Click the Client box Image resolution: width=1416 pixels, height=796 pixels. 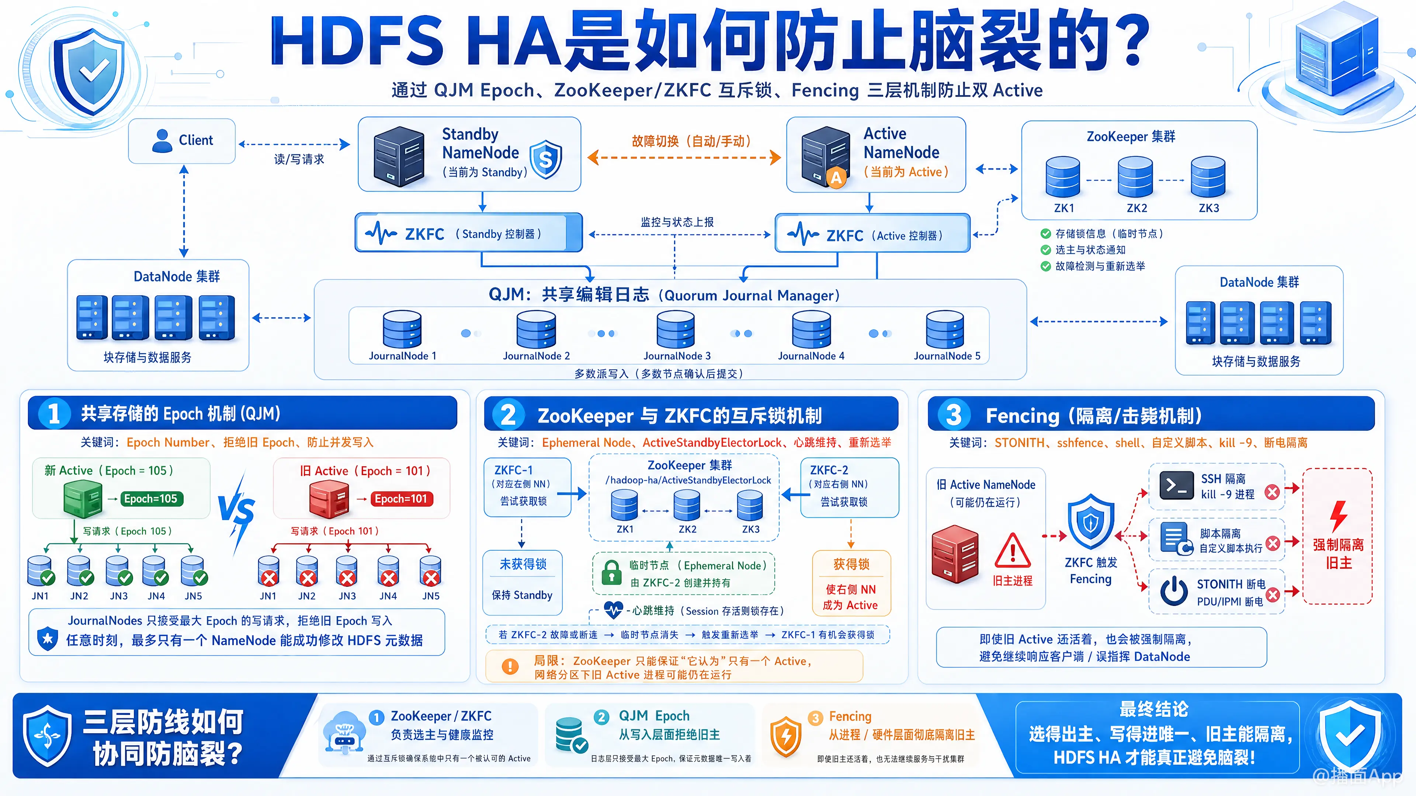[x=182, y=141]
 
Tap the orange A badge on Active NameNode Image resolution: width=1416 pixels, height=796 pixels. [x=836, y=177]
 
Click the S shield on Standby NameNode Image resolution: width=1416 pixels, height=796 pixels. [x=545, y=159]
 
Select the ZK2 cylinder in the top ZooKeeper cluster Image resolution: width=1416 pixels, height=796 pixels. [x=1135, y=177]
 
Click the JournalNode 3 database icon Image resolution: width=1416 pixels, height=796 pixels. [x=676, y=329]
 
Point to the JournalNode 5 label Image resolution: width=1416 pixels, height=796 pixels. [x=947, y=356]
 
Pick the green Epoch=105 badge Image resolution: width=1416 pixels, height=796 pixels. [x=150, y=499]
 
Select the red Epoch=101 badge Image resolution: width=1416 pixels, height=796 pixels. [x=401, y=499]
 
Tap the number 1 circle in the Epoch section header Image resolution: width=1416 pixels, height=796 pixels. [x=54, y=413]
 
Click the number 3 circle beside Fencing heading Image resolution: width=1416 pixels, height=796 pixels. [x=954, y=415]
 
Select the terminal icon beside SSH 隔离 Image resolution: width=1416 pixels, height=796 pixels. [x=1176, y=485]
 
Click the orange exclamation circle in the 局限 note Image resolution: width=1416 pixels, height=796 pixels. [x=510, y=666]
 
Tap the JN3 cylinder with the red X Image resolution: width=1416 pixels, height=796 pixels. [x=347, y=571]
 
